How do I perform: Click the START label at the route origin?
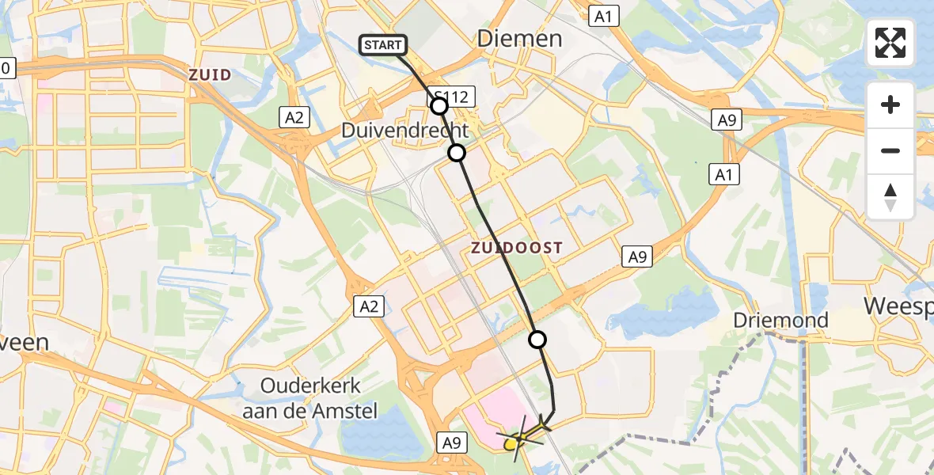tap(384, 45)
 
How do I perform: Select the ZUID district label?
tap(211, 75)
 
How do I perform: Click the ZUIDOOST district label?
tap(517, 248)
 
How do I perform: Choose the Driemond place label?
tap(780, 321)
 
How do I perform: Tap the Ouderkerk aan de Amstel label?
tap(311, 399)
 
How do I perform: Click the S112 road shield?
tap(455, 98)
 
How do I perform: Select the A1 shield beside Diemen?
tap(606, 15)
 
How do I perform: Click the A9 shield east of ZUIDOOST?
tap(637, 256)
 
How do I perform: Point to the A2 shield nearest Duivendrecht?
tap(294, 118)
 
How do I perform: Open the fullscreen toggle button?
tap(890, 43)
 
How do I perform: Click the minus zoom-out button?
tap(890, 150)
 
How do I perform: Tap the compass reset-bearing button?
tap(890, 196)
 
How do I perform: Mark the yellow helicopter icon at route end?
tap(523, 434)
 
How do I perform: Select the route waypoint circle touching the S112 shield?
tap(439, 106)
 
